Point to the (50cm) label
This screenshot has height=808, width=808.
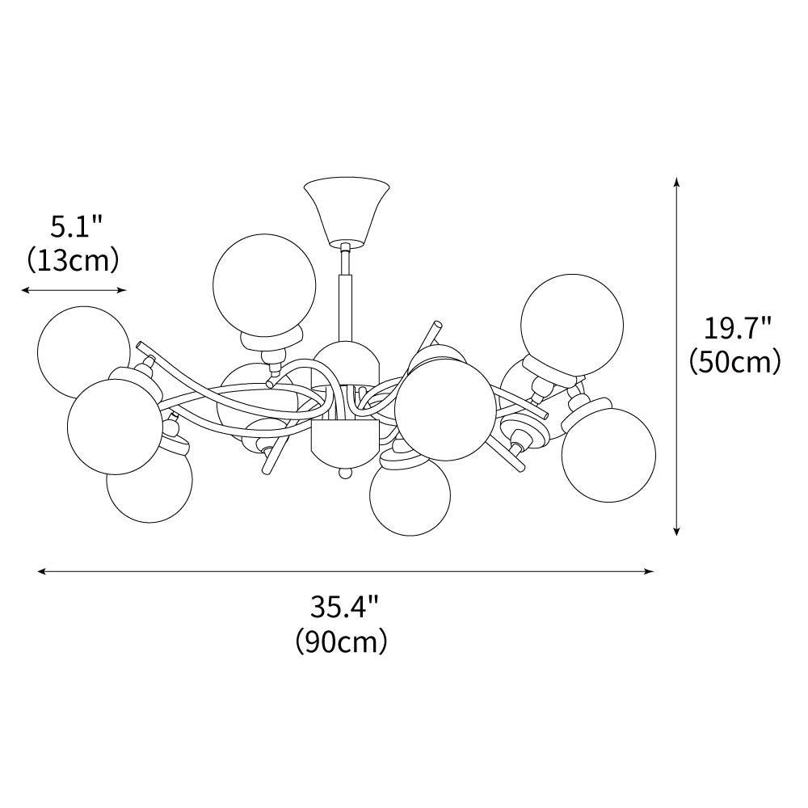pos(734,360)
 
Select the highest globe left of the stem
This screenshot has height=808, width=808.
pos(263,283)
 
